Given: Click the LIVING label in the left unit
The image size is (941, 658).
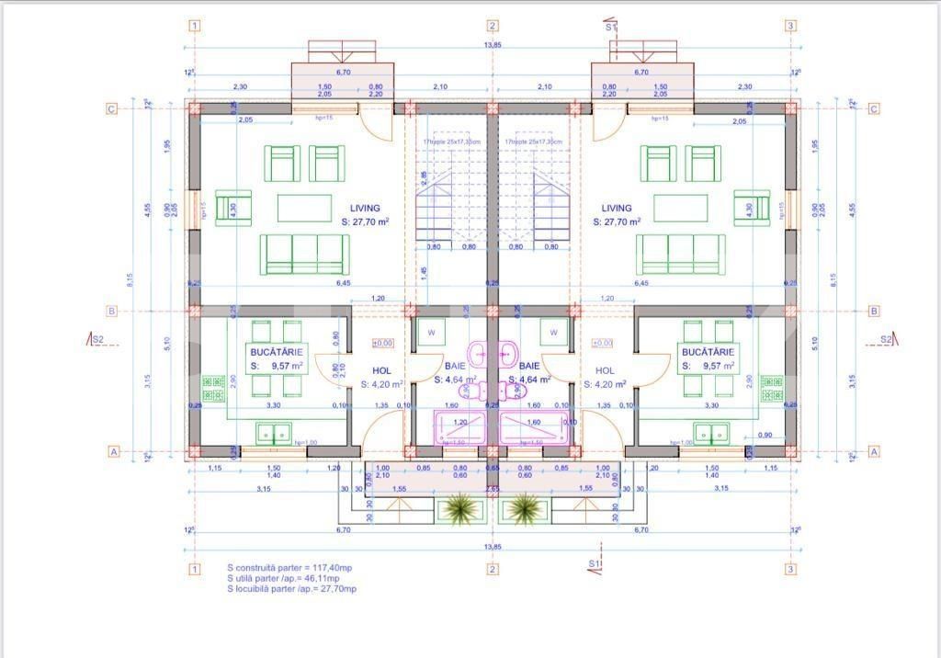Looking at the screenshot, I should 364,209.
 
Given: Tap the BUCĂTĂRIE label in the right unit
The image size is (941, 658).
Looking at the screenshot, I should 707,352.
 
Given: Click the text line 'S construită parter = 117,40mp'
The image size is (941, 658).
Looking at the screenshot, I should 289,568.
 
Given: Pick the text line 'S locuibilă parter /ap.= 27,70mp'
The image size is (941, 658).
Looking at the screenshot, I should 291,588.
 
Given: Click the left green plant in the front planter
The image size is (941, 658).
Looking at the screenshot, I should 457,506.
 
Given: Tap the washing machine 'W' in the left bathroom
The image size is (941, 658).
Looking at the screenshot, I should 432,332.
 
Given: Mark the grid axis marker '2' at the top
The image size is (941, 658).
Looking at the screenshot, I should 493,26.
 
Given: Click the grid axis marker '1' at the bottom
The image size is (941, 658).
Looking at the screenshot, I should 194,569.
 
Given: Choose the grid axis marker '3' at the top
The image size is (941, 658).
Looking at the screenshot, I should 790,26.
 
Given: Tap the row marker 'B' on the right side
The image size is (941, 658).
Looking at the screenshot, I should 873,312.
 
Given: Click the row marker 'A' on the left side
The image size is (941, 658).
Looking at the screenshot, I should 113,451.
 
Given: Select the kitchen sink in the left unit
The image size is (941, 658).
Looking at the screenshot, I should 273,432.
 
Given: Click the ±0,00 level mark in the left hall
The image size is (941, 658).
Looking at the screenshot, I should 383,343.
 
